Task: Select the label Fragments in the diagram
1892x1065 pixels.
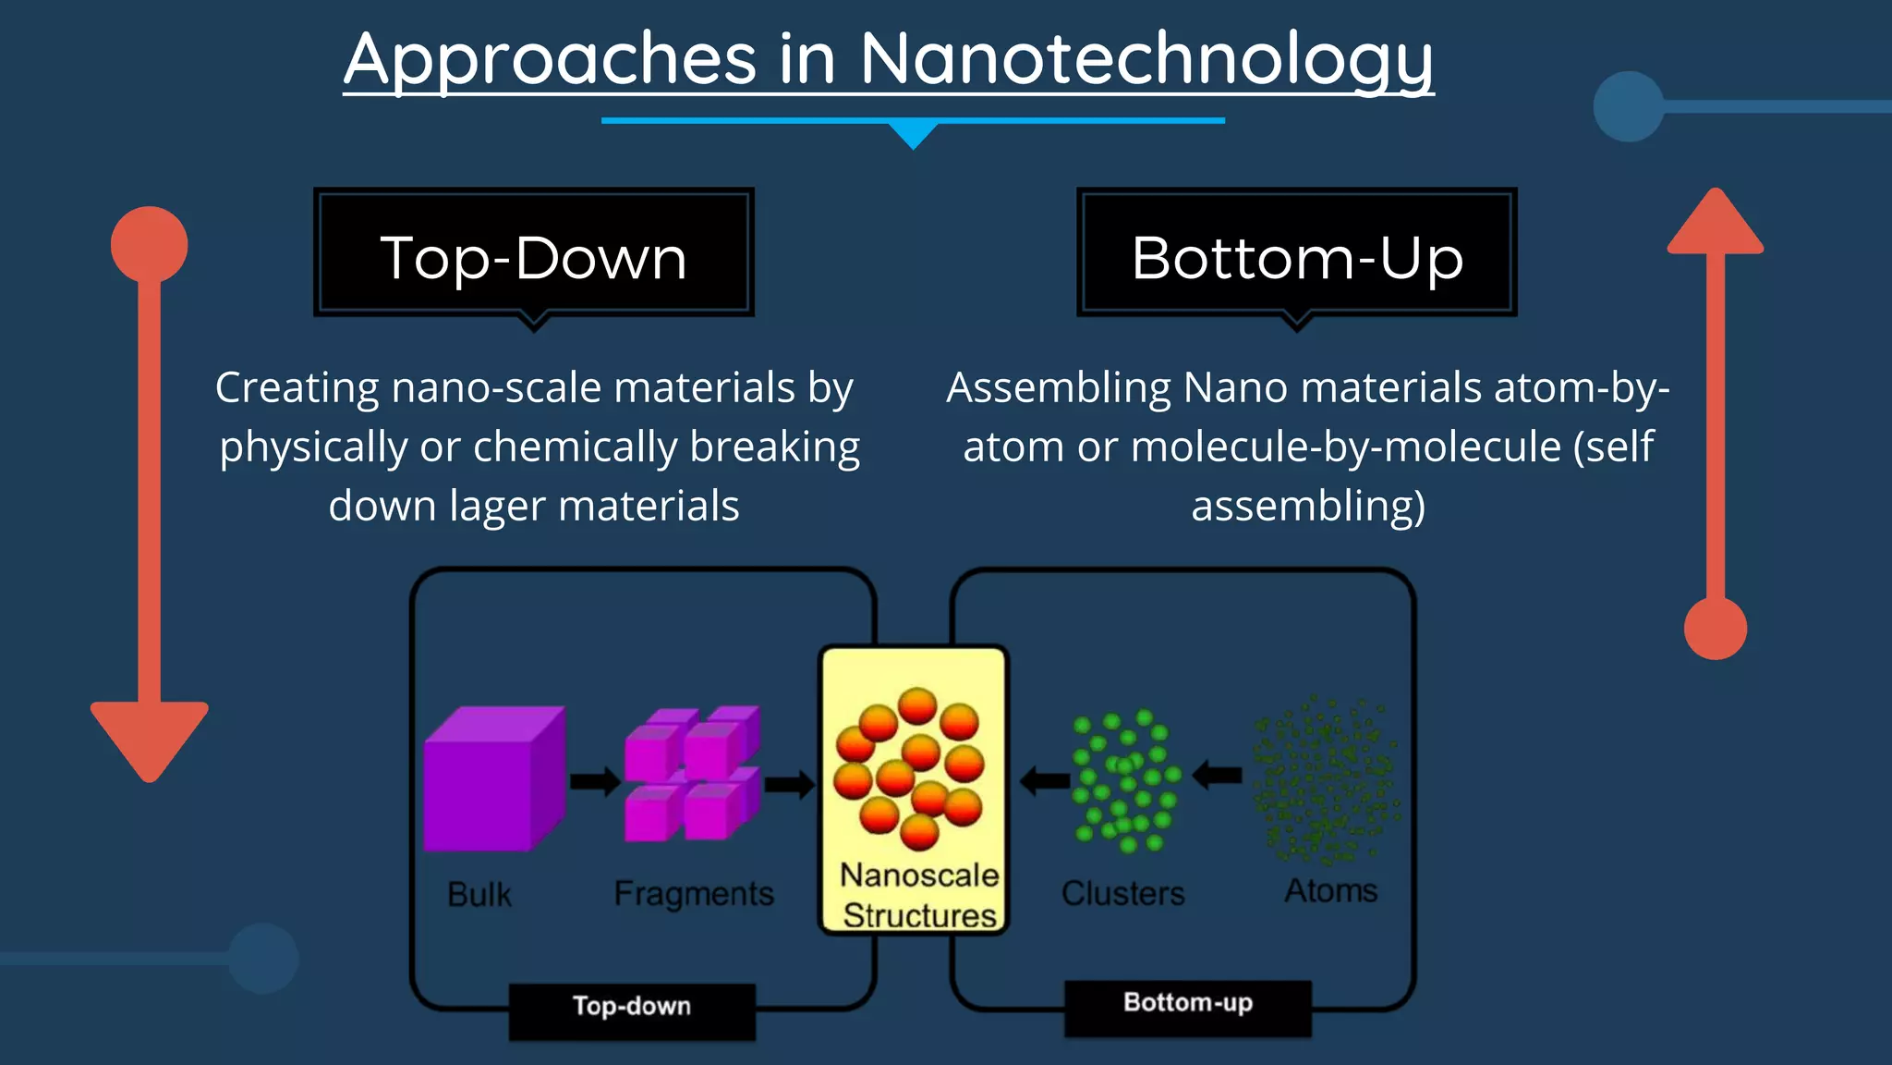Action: tap(694, 893)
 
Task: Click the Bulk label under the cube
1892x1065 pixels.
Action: tap(479, 894)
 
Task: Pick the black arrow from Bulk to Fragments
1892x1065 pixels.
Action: tap(594, 781)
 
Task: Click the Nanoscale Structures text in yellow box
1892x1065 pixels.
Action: tap(918, 894)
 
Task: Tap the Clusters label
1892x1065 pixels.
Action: tap(1122, 893)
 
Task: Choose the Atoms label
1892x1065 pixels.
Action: tap(1330, 890)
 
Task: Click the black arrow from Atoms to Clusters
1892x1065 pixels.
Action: tap(1219, 775)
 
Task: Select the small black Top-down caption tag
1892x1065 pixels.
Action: tap(632, 1006)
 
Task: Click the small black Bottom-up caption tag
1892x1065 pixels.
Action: tap(1188, 1003)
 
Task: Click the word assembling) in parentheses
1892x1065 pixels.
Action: tap(1308, 507)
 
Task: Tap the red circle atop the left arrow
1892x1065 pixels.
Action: tap(149, 245)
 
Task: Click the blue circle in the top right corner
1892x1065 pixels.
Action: tap(1629, 106)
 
